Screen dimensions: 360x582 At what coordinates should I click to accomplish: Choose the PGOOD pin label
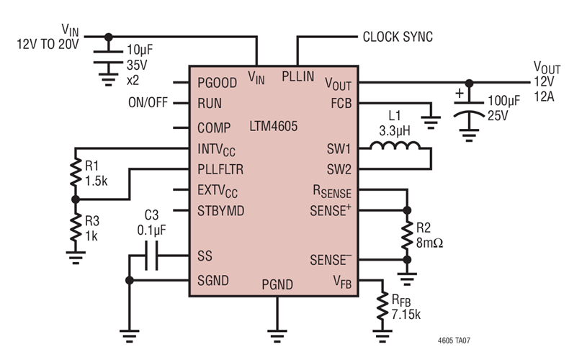pyautogui.click(x=217, y=83)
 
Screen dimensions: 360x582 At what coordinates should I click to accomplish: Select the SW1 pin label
pyautogui.click(x=337, y=150)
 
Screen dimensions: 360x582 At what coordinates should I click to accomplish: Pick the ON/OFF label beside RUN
pyautogui.click(x=148, y=103)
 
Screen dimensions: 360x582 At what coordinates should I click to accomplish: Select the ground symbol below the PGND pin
pyautogui.click(x=277, y=333)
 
